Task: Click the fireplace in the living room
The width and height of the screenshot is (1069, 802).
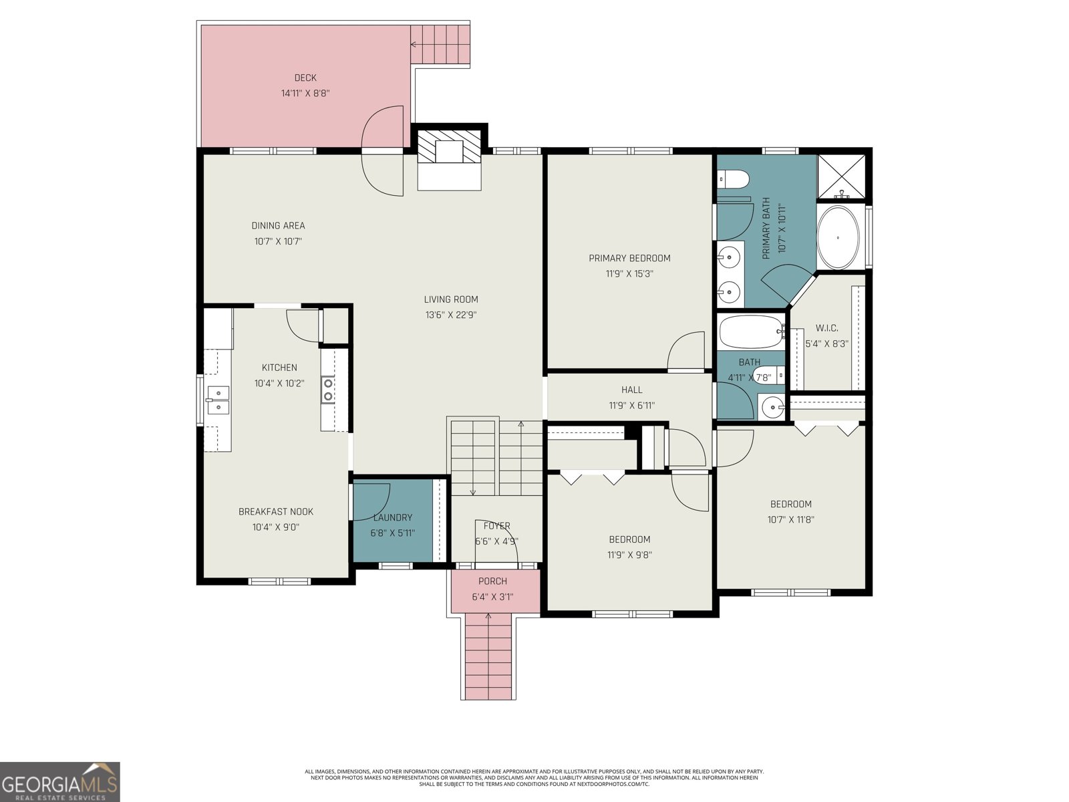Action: coord(449,153)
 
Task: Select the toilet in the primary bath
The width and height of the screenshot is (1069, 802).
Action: coord(733,180)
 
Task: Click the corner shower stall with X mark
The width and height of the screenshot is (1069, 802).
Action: coord(841,176)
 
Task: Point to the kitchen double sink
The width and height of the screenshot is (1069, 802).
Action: coord(218,400)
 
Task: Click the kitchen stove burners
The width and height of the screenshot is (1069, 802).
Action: coord(328,390)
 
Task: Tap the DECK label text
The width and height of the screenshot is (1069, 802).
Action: coord(305,78)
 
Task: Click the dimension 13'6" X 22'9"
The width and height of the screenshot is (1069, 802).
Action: coord(451,315)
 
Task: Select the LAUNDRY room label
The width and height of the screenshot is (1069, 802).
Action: coord(393,517)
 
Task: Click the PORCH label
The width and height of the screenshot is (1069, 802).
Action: coord(492,581)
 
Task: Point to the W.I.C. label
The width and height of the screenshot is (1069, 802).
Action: coord(826,328)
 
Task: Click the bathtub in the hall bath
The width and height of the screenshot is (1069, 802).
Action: coord(750,331)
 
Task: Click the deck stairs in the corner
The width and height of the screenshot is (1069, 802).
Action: coord(440,44)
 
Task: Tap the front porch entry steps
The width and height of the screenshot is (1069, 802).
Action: coord(488,655)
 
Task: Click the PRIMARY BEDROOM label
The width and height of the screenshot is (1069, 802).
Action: coord(629,258)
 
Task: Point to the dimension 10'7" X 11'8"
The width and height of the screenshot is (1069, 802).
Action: coord(791,520)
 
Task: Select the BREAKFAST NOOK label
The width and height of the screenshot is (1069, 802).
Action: coord(276,512)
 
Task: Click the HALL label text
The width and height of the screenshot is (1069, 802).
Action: coord(631,390)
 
